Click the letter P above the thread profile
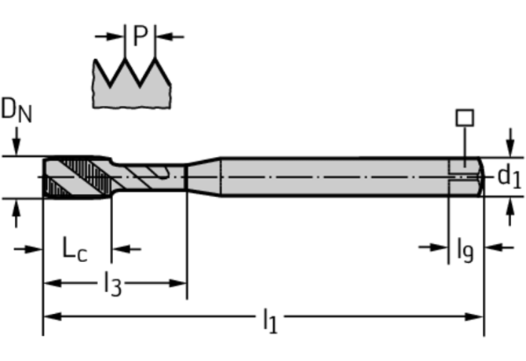pos(141,35)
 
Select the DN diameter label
pos(16,111)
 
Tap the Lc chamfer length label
pos(75,250)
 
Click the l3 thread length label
pos(112,283)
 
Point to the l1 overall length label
pos(270,319)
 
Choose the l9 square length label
pos(465,249)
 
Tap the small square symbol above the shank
pos(465,118)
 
